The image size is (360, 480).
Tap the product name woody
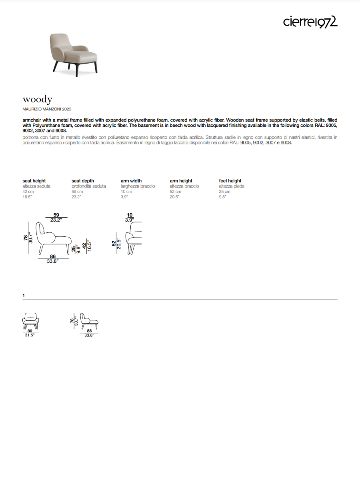(x=37, y=99)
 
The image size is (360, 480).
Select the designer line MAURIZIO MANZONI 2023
(x=47, y=109)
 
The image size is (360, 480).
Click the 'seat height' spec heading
(x=34, y=181)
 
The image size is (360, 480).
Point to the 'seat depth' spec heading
(x=83, y=181)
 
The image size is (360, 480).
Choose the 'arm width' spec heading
(x=131, y=181)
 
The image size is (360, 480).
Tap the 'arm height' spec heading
(x=181, y=181)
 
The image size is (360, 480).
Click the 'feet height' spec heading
(x=230, y=181)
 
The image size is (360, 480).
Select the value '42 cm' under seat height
(x=28, y=192)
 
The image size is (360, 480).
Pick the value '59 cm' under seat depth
(x=77, y=192)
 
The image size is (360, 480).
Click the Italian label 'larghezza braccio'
(x=138, y=186)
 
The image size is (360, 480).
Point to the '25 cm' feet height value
(x=224, y=192)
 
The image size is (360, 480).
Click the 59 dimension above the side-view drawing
(x=56, y=215)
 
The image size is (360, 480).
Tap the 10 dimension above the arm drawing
(x=130, y=215)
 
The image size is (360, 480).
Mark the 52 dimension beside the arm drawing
(x=114, y=243)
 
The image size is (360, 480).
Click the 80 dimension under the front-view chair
(x=30, y=331)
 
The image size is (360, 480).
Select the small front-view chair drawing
(x=30, y=320)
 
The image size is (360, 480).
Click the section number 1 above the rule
(x=24, y=295)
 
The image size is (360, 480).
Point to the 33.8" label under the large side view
(x=52, y=261)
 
